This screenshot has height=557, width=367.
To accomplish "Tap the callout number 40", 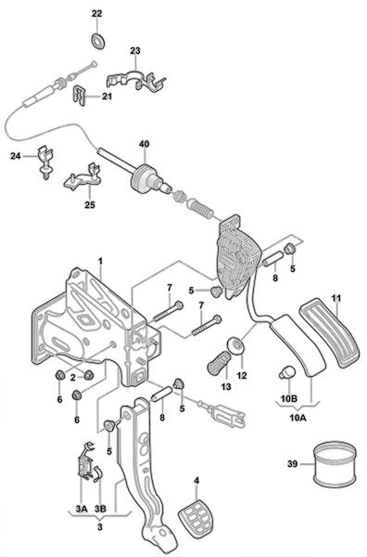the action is [x=144, y=144].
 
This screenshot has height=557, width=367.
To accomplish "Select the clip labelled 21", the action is [x=81, y=96].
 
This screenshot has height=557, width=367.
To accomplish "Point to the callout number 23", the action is [x=135, y=51].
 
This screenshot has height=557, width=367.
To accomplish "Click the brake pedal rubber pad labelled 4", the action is [x=194, y=519].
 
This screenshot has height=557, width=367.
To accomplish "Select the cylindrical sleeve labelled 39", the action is [x=335, y=463].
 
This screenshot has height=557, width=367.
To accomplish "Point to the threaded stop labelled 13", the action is [x=218, y=363].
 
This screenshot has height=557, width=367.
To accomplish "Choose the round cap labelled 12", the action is [x=236, y=345].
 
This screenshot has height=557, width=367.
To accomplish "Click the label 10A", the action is [x=297, y=418].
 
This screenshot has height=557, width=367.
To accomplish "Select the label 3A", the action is [x=82, y=509].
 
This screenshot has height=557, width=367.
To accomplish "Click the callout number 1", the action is [x=101, y=262].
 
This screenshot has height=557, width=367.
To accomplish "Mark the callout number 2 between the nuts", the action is [x=73, y=377].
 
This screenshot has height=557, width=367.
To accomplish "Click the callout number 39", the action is [x=293, y=464].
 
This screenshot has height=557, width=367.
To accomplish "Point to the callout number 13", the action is [x=225, y=386].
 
